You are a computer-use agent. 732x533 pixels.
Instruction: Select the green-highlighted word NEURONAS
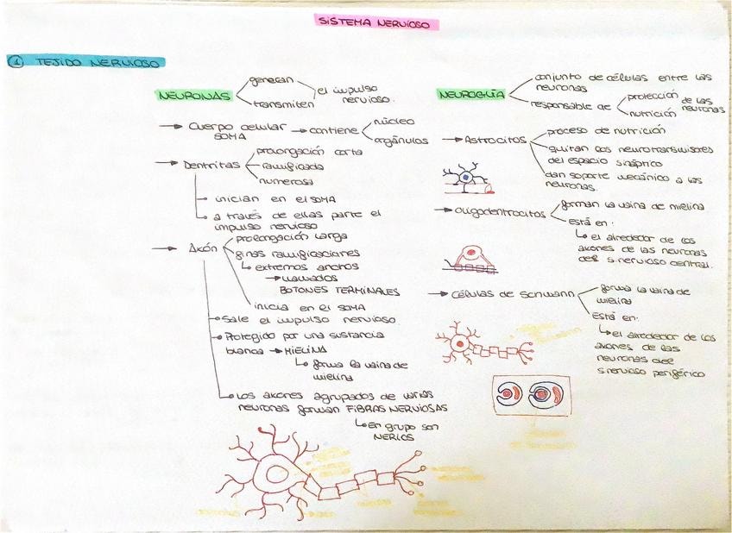tap(193, 96)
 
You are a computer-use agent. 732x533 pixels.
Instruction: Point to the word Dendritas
tap(211, 165)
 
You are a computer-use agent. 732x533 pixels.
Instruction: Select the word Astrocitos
tap(495, 140)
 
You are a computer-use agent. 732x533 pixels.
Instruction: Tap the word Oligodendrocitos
tap(501, 212)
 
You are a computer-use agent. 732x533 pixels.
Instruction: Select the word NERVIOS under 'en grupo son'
tap(393, 436)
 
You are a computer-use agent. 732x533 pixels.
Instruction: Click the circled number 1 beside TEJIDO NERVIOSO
tap(15, 62)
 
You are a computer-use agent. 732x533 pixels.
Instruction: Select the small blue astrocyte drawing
tap(465, 178)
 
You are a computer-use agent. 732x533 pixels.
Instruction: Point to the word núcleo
tap(394, 122)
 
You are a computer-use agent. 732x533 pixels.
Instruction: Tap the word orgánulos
tap(401, 140)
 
